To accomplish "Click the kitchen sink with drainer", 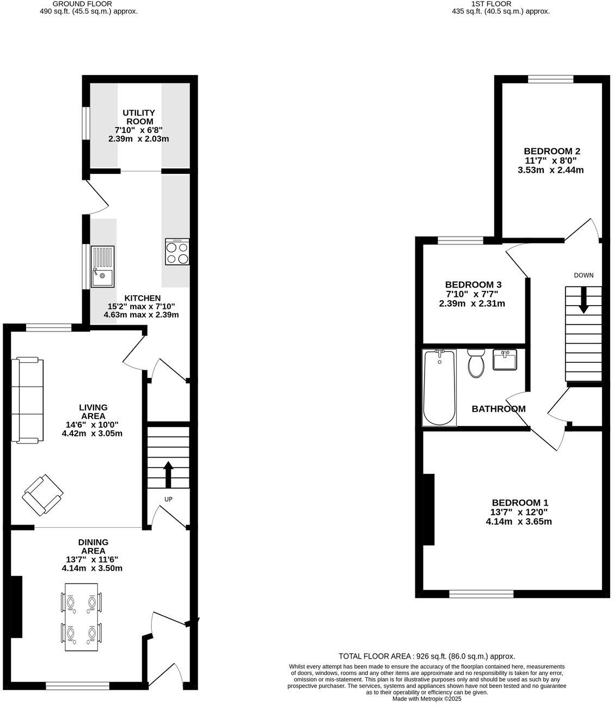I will [x=103, y=266].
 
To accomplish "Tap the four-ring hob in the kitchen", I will [x=177, y=252].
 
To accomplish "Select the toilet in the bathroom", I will [x=476, y=363].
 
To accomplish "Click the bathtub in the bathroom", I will [x=440, y=387].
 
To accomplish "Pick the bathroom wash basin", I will [x=505, y=360].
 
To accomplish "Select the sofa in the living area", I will [x=29, y=399].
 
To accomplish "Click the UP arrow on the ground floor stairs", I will [x=168, y=474].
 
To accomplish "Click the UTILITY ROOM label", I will [x=138, y=117].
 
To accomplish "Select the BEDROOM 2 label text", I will [x=551, y=151].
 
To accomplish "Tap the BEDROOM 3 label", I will [x=472, y=284].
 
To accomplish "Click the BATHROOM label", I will [x=498, y=409].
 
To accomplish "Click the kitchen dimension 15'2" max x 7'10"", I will [x=141, y=306].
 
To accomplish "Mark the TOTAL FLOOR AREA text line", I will [x=426, y=656].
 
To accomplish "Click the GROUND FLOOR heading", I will [x=88, y=3].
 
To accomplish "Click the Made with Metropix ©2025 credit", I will [x=426, y=699].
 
